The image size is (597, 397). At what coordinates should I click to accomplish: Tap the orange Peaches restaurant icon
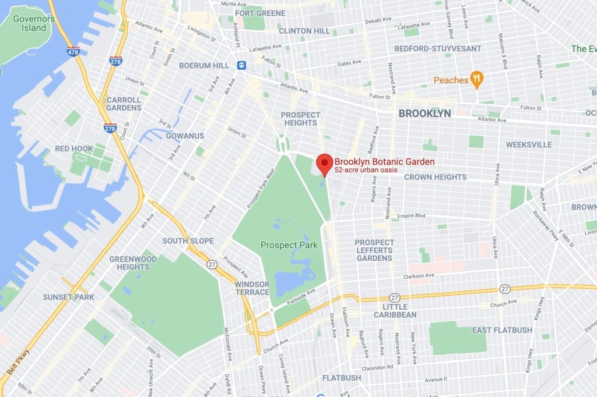(476, 80)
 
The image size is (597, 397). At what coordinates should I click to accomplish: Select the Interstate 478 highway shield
(73, 51)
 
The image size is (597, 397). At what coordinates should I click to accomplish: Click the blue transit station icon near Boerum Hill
(240, 65)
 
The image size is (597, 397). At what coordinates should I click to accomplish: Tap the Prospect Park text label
(289, 245)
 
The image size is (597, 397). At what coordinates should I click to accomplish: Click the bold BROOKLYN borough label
(424, 114)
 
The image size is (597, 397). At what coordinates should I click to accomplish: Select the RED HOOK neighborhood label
(74, 148)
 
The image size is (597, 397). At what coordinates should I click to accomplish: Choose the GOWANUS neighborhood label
(185, 136)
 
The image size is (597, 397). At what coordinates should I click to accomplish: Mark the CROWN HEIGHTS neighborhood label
(435, 177)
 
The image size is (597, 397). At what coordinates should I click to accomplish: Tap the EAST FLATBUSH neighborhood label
(502, 330)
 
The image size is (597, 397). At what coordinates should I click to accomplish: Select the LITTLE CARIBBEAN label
(399, 311)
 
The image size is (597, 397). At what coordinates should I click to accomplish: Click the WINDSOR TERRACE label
(252, 288)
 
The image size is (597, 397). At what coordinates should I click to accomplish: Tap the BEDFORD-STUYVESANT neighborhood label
(438, 48)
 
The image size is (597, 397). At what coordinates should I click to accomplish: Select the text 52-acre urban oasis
(366, 169)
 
